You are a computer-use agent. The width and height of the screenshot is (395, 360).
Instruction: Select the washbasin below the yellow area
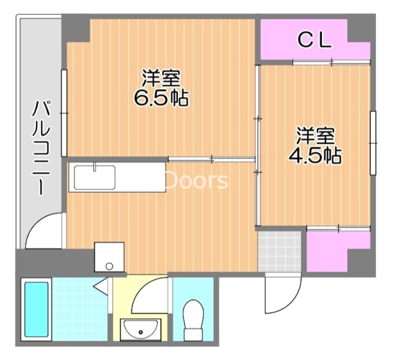point(140,328)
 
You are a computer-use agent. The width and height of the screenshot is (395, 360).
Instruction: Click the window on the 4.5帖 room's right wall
point(373,143)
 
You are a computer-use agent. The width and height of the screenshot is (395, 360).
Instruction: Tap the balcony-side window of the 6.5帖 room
point(64,114)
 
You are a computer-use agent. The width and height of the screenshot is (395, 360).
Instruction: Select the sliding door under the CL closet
point(331,62)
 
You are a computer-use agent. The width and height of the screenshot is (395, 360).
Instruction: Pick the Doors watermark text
point(197,181)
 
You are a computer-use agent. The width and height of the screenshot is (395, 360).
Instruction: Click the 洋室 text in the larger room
point(161,78)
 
